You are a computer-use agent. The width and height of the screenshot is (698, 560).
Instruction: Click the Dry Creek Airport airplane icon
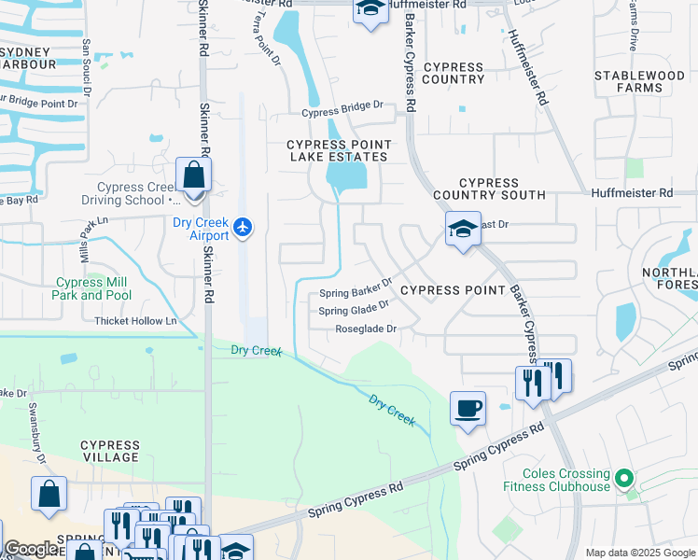(244, 226)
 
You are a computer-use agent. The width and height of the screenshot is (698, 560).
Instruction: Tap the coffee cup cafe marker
(468, 408)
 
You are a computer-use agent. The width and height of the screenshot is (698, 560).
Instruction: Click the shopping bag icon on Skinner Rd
(194, 175)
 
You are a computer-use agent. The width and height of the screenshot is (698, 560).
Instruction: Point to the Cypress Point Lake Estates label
(338, 150)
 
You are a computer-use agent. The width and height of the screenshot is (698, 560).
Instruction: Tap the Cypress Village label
(110, 453)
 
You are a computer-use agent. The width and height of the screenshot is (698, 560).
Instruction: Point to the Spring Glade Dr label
(354, 310)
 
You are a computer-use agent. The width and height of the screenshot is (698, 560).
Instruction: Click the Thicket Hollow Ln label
(135, 321)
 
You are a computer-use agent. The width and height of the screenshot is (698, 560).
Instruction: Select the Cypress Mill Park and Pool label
(92, 288)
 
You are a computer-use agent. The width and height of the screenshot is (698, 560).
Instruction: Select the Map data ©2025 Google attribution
(639, 553)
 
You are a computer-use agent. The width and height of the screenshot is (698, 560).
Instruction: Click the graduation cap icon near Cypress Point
(463, 230)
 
